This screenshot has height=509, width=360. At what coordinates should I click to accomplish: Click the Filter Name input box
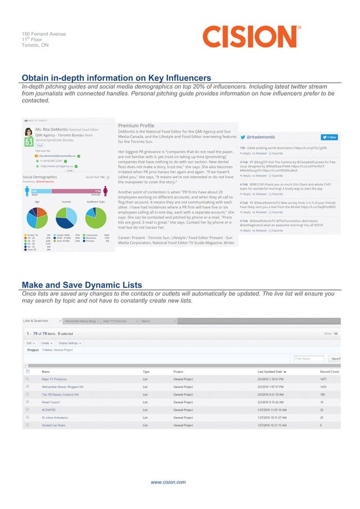pos(308,358)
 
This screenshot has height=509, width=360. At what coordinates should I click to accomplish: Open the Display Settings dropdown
pos(71,343)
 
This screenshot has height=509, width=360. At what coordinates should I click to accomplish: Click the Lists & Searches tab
pos(35,321)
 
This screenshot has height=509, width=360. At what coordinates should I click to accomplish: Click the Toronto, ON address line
pos(32,45)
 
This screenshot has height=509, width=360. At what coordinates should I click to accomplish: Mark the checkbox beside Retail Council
pos(27,402)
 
